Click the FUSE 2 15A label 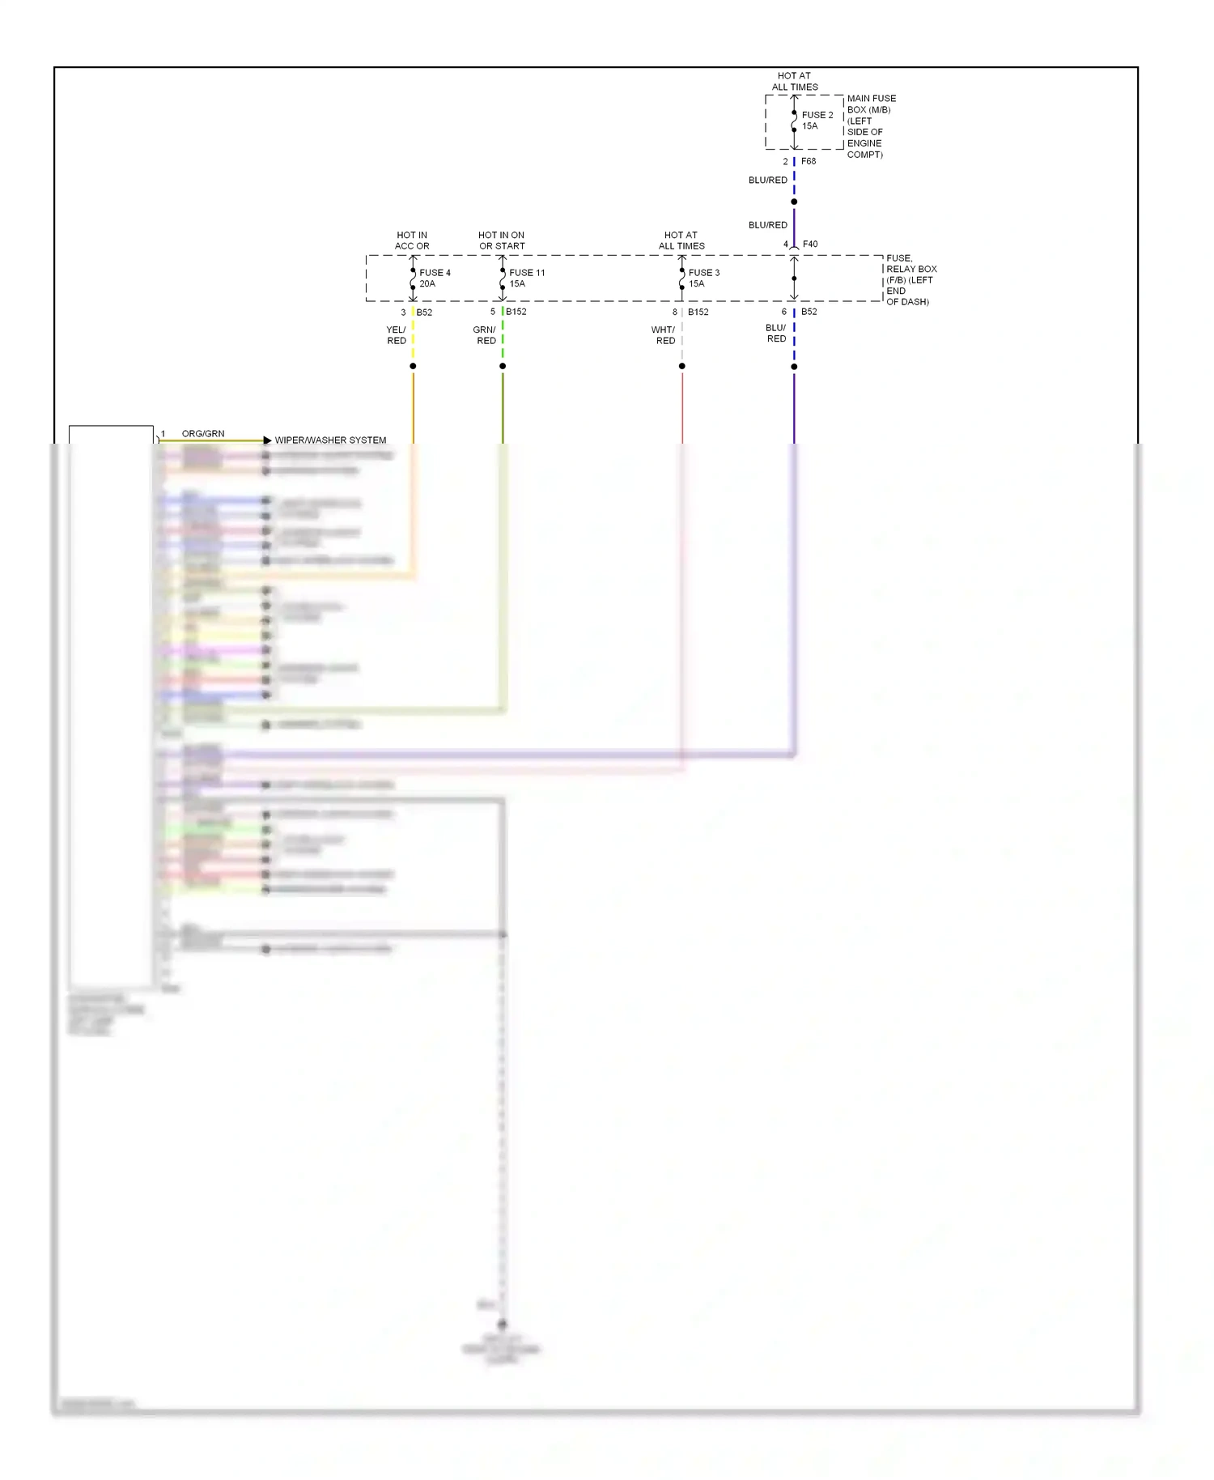click(817, 121)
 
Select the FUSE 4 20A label click(434, 279)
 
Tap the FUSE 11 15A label click(526, 279)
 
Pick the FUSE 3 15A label click(703, 279)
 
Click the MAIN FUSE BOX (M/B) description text click(871, 126)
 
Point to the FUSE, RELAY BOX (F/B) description click(910, 279)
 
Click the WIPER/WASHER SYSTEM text click(330, 440)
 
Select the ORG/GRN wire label click(203, 434)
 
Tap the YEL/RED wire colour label click(397, 335)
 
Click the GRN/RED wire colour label click(485, 335)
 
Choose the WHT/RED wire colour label click(664, 335)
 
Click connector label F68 click(809, 161)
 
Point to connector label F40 click(810, 244)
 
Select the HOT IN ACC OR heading click(412, 240)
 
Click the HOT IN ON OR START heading click(502, 240)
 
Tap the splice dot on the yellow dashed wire click(413, 366)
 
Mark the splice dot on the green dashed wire click(503, 366)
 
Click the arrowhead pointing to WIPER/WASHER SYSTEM click(267, 440)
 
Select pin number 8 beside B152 click(675, 312)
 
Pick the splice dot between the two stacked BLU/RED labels click(794, 202)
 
